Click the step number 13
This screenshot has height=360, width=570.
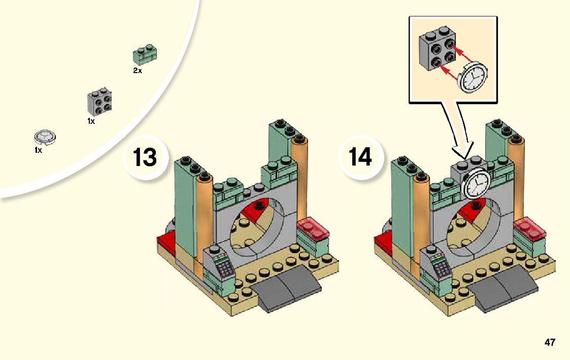[x=145, y=157]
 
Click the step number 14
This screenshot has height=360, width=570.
[x=360, y=157]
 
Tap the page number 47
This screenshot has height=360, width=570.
[x=550, y=342]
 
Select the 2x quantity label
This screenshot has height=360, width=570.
[x=138, y=71]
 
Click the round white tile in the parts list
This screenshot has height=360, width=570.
[x=45, y=137]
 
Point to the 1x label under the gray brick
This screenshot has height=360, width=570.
[x=91, y=122]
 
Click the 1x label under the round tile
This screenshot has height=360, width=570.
[x=38, y=151]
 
